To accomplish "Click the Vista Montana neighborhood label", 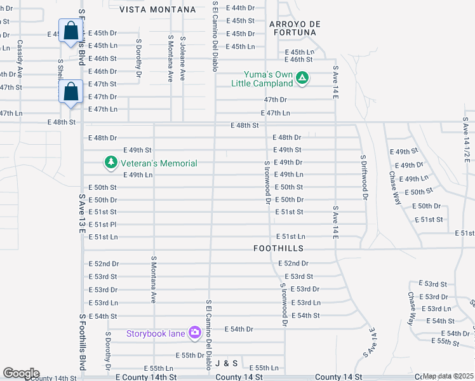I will (157, 10).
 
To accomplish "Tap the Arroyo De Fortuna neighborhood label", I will (293, 28).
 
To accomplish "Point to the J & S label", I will (226, 363).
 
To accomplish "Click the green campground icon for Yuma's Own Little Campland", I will (303, 79).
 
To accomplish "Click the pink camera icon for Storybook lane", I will (195, 332).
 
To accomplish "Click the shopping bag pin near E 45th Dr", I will (70, 30).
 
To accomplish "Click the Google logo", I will (20, 373).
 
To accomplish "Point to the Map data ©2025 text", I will (448, 376).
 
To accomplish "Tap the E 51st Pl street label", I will (103, 224).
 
